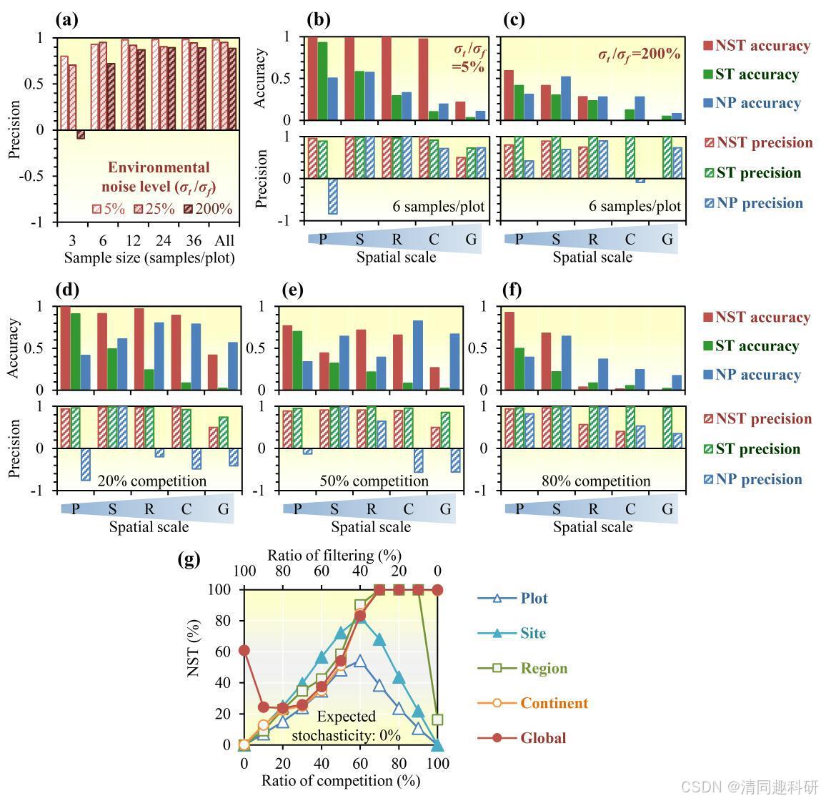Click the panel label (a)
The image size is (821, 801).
[x=66, y=20]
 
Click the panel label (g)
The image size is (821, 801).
[x=189, y=559]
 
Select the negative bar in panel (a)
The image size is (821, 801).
[x=81, y=134]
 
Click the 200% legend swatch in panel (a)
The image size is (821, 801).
[x=190, y=210]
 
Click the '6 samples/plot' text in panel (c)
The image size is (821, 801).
[x=635, y=206]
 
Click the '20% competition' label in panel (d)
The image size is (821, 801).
[x=151, y=481]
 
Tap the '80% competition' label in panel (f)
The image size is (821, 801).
[x=596, y=481]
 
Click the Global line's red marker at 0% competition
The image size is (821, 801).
[x=244, y=650]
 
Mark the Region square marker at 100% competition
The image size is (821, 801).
[x=438, y=719]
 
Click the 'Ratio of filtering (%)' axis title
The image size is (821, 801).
[x=334, y=555]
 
